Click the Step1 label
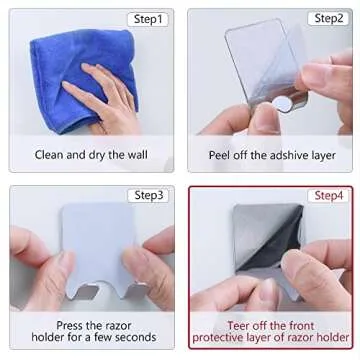(x=146, y=18)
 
